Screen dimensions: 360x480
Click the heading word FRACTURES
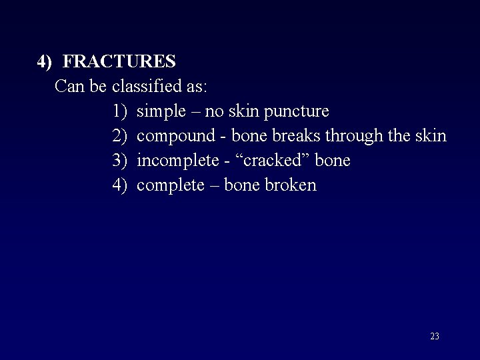[119, 62]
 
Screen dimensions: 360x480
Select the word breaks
[297, 136]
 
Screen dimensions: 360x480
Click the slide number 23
[435, 337]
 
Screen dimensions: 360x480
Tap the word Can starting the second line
[67, 87]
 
